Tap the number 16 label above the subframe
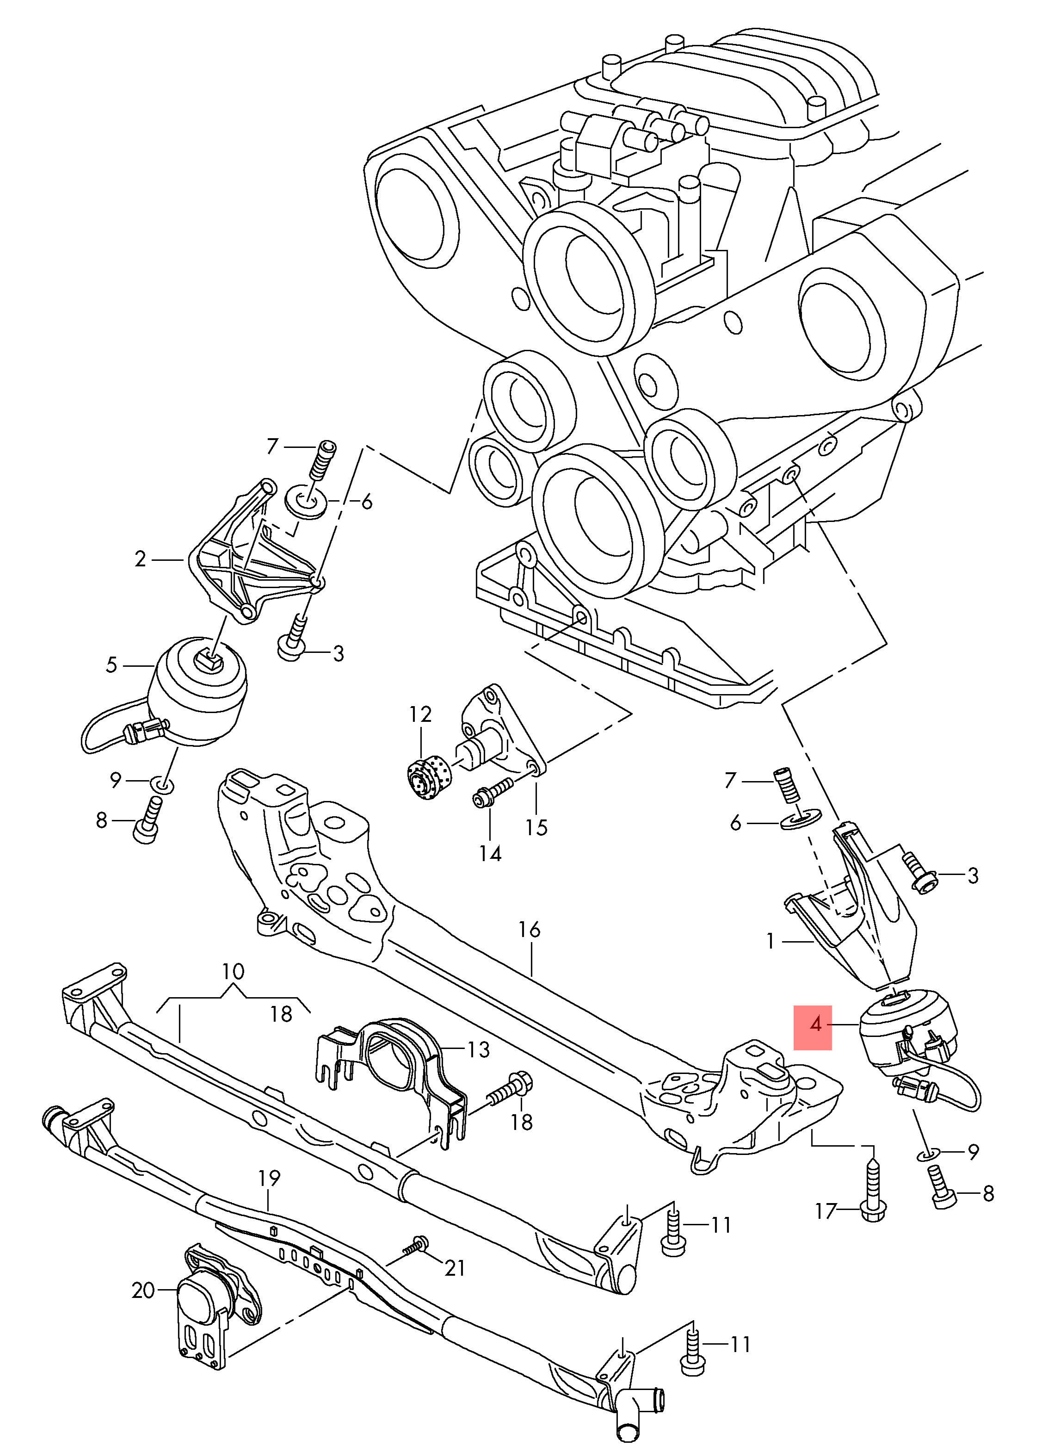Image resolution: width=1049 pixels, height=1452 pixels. pos(529,930)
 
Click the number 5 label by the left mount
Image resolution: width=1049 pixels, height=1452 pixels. pos(112,665)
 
